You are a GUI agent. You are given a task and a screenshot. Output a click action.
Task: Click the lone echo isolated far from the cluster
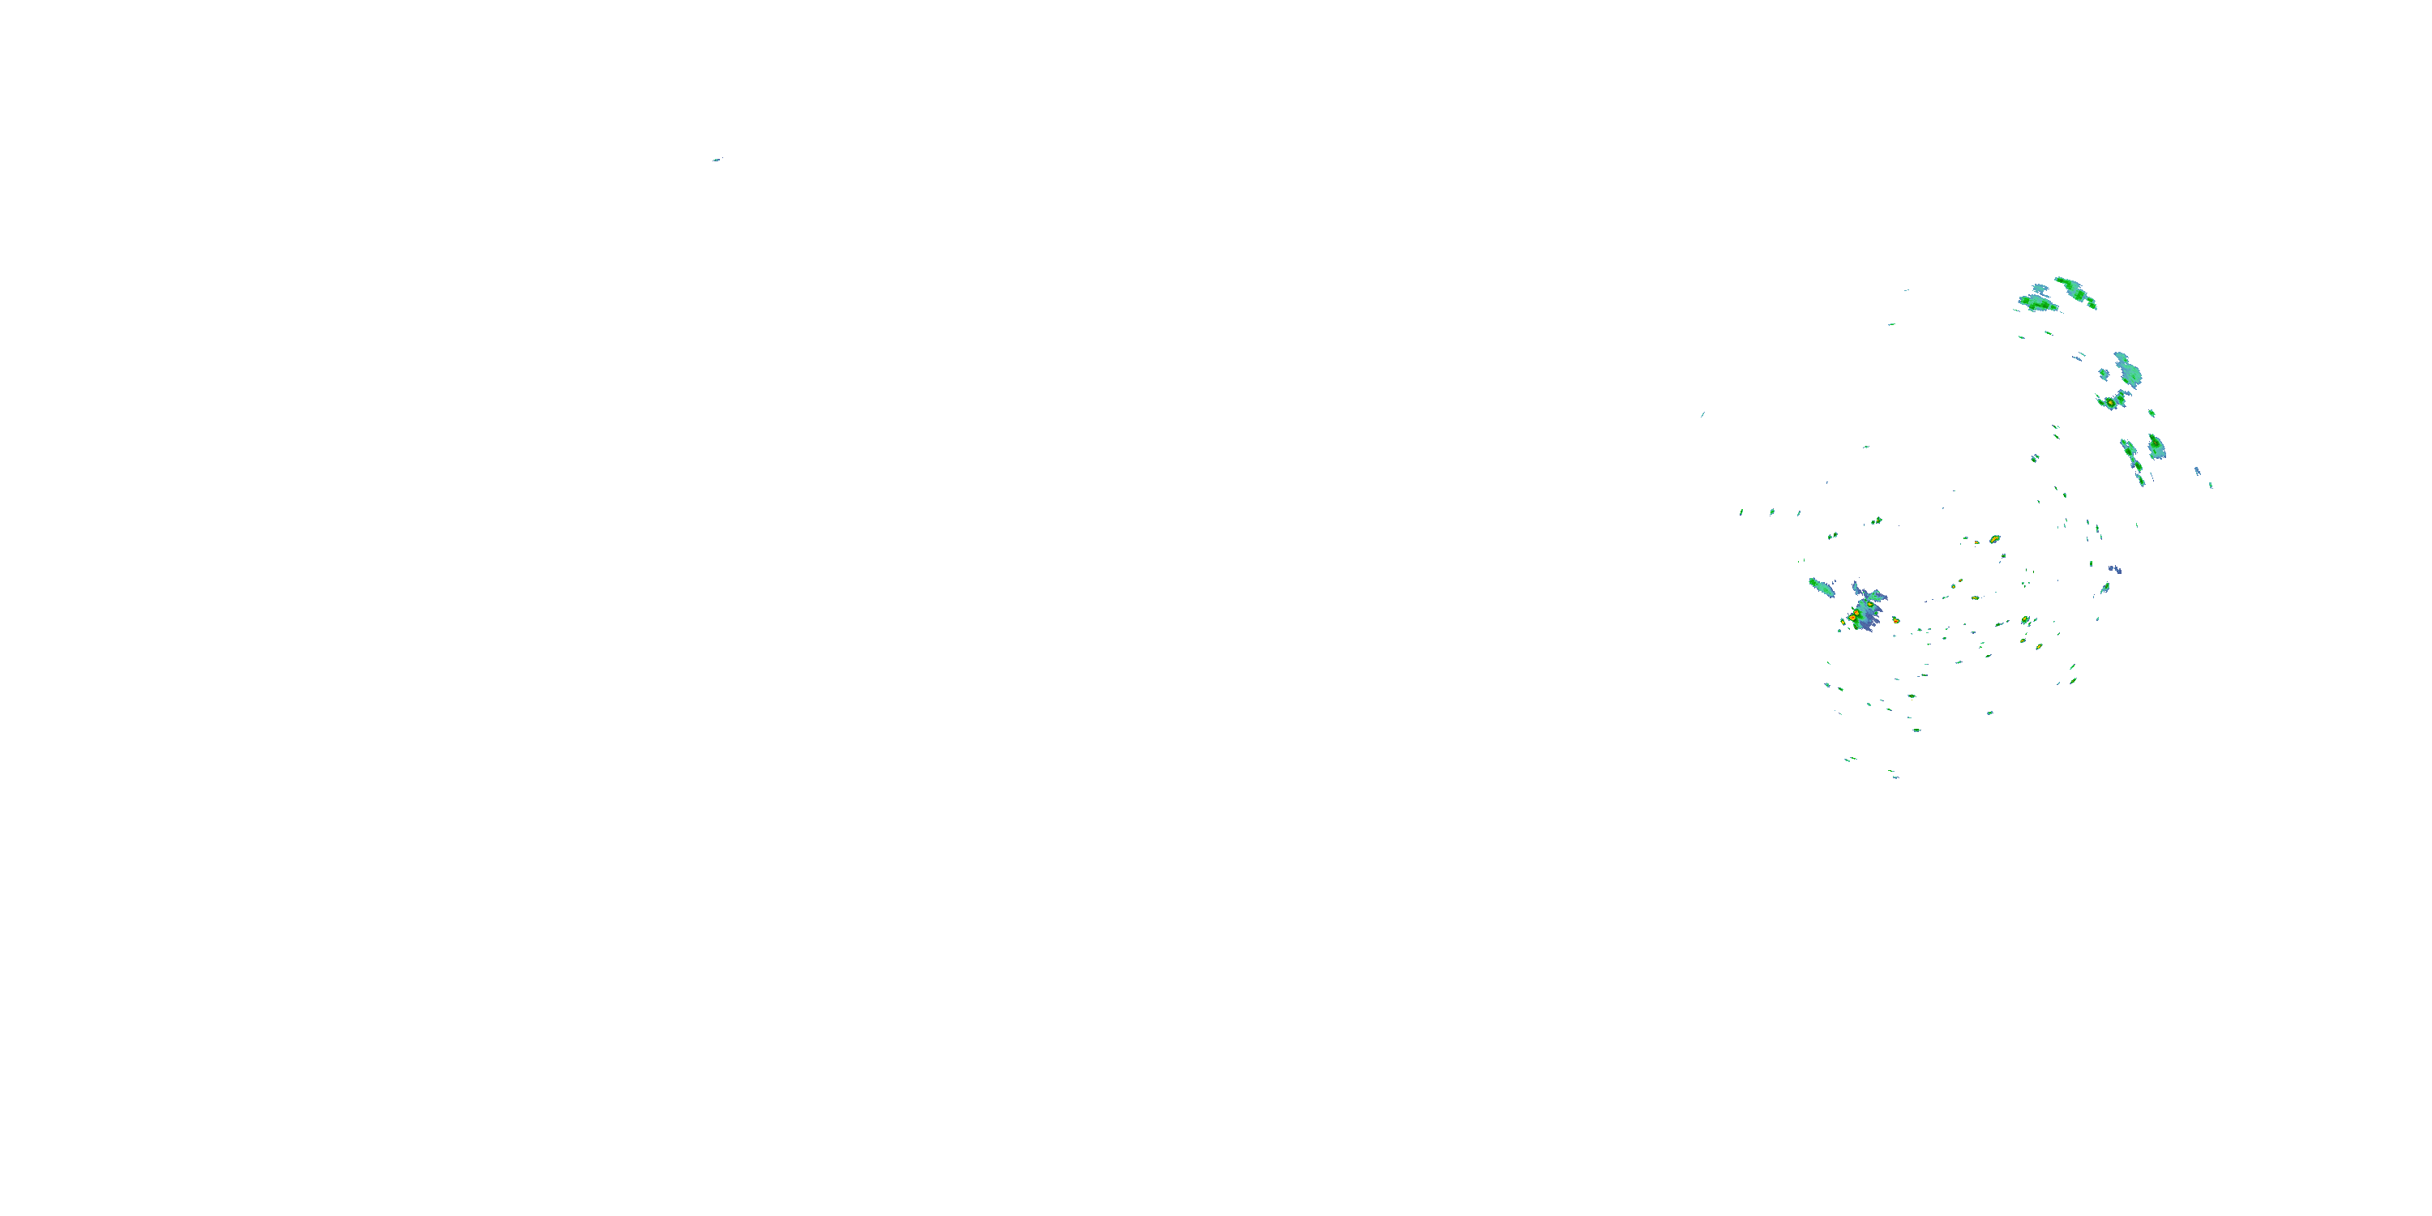click(717, 160)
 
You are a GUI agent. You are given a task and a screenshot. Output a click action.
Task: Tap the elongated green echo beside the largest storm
click(1822, 587)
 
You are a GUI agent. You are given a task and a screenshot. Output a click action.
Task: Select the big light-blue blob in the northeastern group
click(2127, 370)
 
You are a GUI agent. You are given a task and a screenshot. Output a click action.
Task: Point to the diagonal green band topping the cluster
click(2075, 292)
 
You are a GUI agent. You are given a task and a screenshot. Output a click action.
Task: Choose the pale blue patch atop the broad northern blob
click(2040, 288)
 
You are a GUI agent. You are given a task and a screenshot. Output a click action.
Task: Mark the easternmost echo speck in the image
click(2210, 486)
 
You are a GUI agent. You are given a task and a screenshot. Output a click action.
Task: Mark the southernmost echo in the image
click(1894, 776)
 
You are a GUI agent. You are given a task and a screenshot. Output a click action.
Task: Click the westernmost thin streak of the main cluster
click(1702, 414)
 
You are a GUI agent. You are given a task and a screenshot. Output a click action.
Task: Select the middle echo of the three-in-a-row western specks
click(1771, 512)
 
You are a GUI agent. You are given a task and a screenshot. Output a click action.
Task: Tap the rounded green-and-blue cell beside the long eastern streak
click(2156, 446)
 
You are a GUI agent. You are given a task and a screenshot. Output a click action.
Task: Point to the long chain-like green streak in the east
click(2133, 460)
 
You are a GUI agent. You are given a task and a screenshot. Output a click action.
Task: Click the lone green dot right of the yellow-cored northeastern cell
click(2152, 413)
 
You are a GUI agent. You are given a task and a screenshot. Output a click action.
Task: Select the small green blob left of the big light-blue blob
click(2104, 374)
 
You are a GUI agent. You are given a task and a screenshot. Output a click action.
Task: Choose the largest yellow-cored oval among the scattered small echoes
click(1994, 539)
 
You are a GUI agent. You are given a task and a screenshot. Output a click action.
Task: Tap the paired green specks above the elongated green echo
click(1831, 535)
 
